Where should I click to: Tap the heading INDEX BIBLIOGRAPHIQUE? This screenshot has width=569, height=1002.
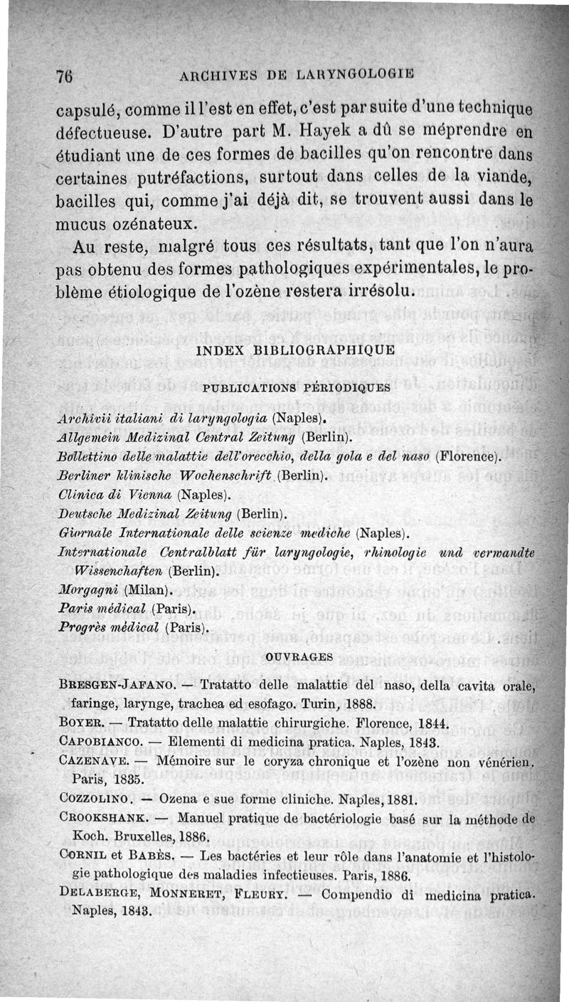coord(294,350)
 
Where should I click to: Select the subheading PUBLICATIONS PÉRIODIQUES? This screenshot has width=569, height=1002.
coord(296,388)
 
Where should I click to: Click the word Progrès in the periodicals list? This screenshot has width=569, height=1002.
coord(83,628)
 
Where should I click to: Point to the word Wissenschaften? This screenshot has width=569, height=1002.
coord(120,571)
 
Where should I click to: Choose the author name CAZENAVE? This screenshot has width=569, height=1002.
coord(95,761)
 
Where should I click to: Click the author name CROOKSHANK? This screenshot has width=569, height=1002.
coord(108,817)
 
